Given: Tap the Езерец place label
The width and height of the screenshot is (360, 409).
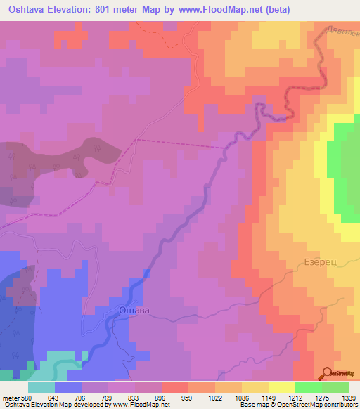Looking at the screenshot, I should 321,261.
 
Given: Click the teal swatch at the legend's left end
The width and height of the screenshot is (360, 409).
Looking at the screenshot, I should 41,387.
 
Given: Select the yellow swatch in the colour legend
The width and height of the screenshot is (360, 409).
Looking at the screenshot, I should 281,387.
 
